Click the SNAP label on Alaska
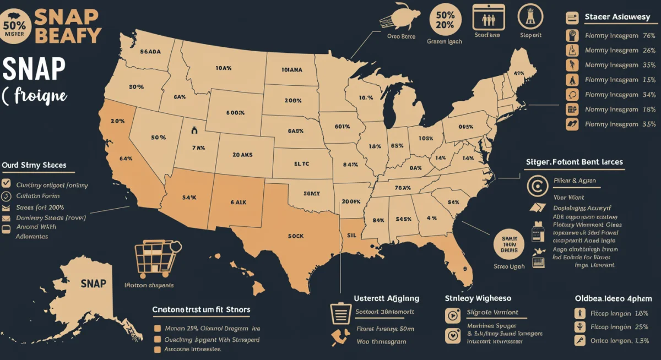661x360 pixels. tap(93, 283)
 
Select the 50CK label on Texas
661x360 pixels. tap(295, 236)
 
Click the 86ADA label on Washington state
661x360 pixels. tap(150, 52)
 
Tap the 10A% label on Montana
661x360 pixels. tap(223, 68)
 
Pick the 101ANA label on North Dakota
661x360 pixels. tap(292, 70)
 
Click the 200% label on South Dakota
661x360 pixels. tap(293, 101)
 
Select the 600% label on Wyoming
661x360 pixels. tap(235, 112)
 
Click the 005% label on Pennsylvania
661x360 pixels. tap(465, 127)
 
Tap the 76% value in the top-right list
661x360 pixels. tap(648, 36)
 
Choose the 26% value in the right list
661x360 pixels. tap(648, 51)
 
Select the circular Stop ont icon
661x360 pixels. tap(530, 18)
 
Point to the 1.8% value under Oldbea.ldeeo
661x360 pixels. tap(641, 314)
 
